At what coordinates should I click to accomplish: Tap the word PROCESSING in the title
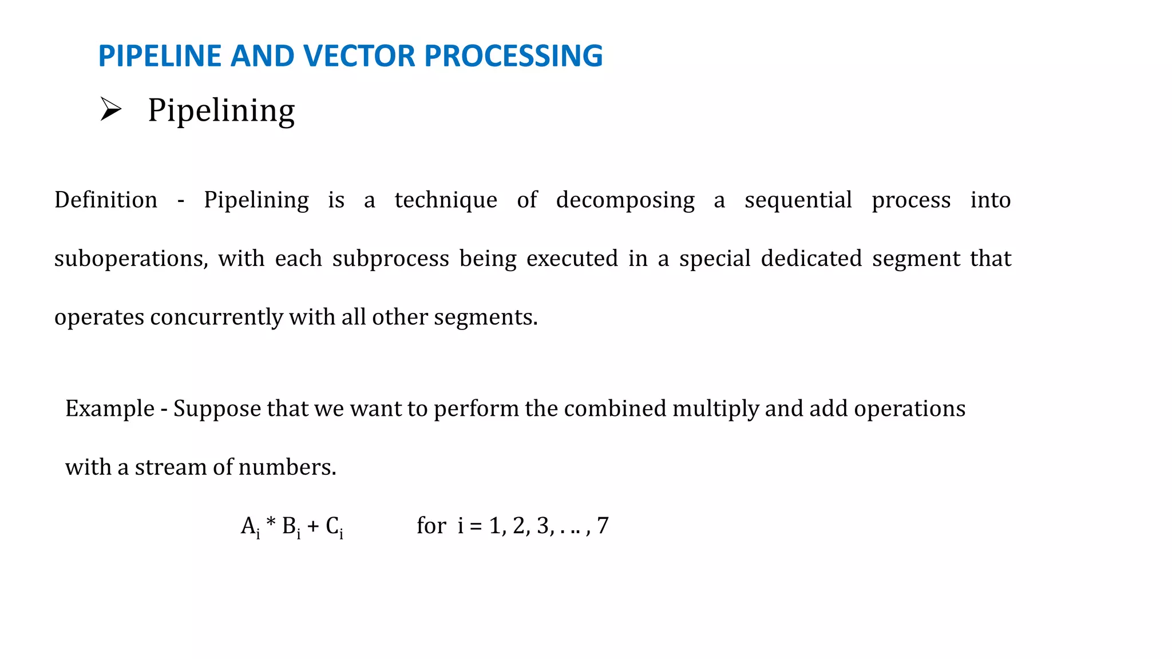[513, 56]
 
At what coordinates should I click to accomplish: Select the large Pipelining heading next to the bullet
[221, 110]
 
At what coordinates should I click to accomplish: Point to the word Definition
[106, 200]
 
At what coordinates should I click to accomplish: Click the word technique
[446, 200]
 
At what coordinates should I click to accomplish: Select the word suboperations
[131, 259]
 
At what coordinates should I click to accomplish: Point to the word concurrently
[216, 317]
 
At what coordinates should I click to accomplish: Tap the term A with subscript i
[251, 526]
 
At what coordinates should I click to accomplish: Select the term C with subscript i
[334, 526]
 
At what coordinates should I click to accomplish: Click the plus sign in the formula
[313, 526]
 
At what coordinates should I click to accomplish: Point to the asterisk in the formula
[271, 523]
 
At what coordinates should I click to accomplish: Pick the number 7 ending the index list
[603, 526]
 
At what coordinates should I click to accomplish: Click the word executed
[572, 259]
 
